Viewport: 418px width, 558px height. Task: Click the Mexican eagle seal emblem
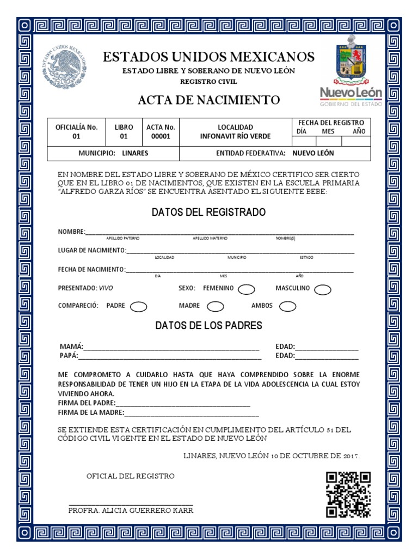tap(65, 68)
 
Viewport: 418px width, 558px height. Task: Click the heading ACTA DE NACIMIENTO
tap(209, 100)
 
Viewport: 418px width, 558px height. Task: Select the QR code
tap(348, 495)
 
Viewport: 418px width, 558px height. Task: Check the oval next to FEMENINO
tap(247, 289)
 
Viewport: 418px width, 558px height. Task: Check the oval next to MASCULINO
tap(323, 289)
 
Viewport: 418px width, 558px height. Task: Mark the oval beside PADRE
tap(139, 307)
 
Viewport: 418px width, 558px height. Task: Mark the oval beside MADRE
tap(216, 307)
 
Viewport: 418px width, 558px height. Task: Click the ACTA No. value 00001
tap(161, 136)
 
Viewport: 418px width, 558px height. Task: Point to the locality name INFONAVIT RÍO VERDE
tap(235, 136)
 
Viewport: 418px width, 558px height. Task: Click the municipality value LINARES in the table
tap(135, 154)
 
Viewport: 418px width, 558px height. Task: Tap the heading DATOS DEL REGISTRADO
tap(209, 213)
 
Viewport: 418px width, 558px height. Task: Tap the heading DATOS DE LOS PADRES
tap(209, 326)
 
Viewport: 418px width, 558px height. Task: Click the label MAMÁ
tap(71, 347)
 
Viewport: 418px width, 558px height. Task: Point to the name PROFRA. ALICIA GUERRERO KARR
tap(131, 511)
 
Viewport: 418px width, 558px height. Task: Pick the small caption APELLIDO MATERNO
tap(210, 239)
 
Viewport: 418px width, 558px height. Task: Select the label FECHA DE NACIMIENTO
tap(91, 269)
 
